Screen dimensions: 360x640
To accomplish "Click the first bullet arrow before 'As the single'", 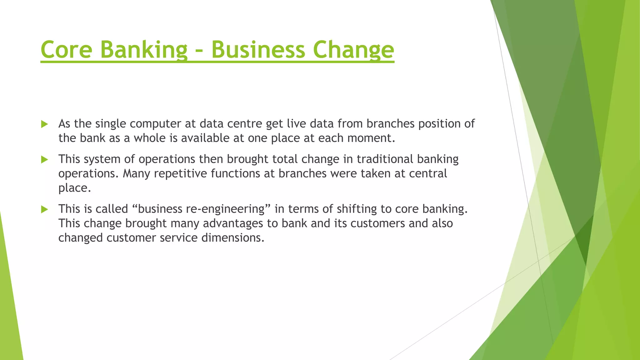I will click(44, 124).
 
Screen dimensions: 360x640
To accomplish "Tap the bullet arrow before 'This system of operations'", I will click(44, 160).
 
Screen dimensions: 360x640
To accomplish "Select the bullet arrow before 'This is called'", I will click(44, 209).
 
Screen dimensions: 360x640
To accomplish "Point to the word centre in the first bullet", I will click(244, 124).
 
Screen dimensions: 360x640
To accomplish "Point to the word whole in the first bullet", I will click(150, 138).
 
